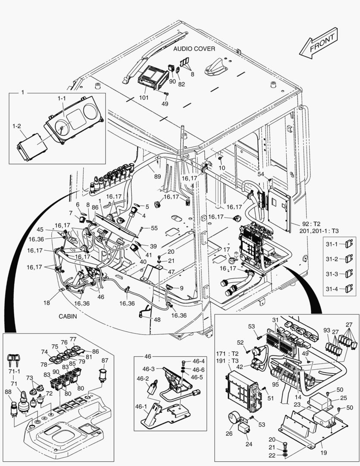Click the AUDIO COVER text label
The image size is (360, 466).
194,49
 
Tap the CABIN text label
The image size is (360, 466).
68,316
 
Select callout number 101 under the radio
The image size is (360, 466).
144,98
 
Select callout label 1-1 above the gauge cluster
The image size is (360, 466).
62,99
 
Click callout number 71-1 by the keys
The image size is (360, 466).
14,371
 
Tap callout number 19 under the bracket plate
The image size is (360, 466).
324,453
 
